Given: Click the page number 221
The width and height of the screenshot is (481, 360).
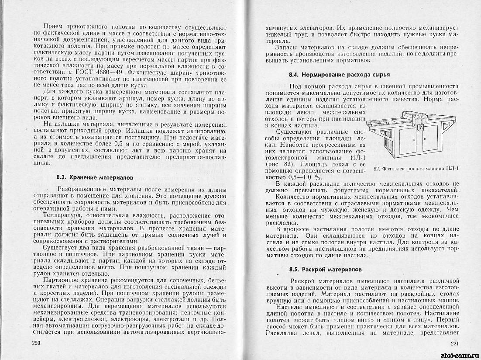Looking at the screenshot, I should point(456,343).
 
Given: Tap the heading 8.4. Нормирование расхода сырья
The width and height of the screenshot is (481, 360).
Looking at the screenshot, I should point(339,75).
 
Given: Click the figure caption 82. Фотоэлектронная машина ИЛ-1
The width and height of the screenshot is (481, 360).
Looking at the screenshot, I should point(418,169).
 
